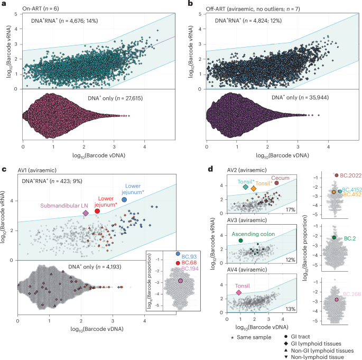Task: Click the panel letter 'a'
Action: point(4,4)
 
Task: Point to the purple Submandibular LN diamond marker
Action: point(85,213)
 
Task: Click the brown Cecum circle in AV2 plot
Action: point(276,183)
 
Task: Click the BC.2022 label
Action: point(349,175)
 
